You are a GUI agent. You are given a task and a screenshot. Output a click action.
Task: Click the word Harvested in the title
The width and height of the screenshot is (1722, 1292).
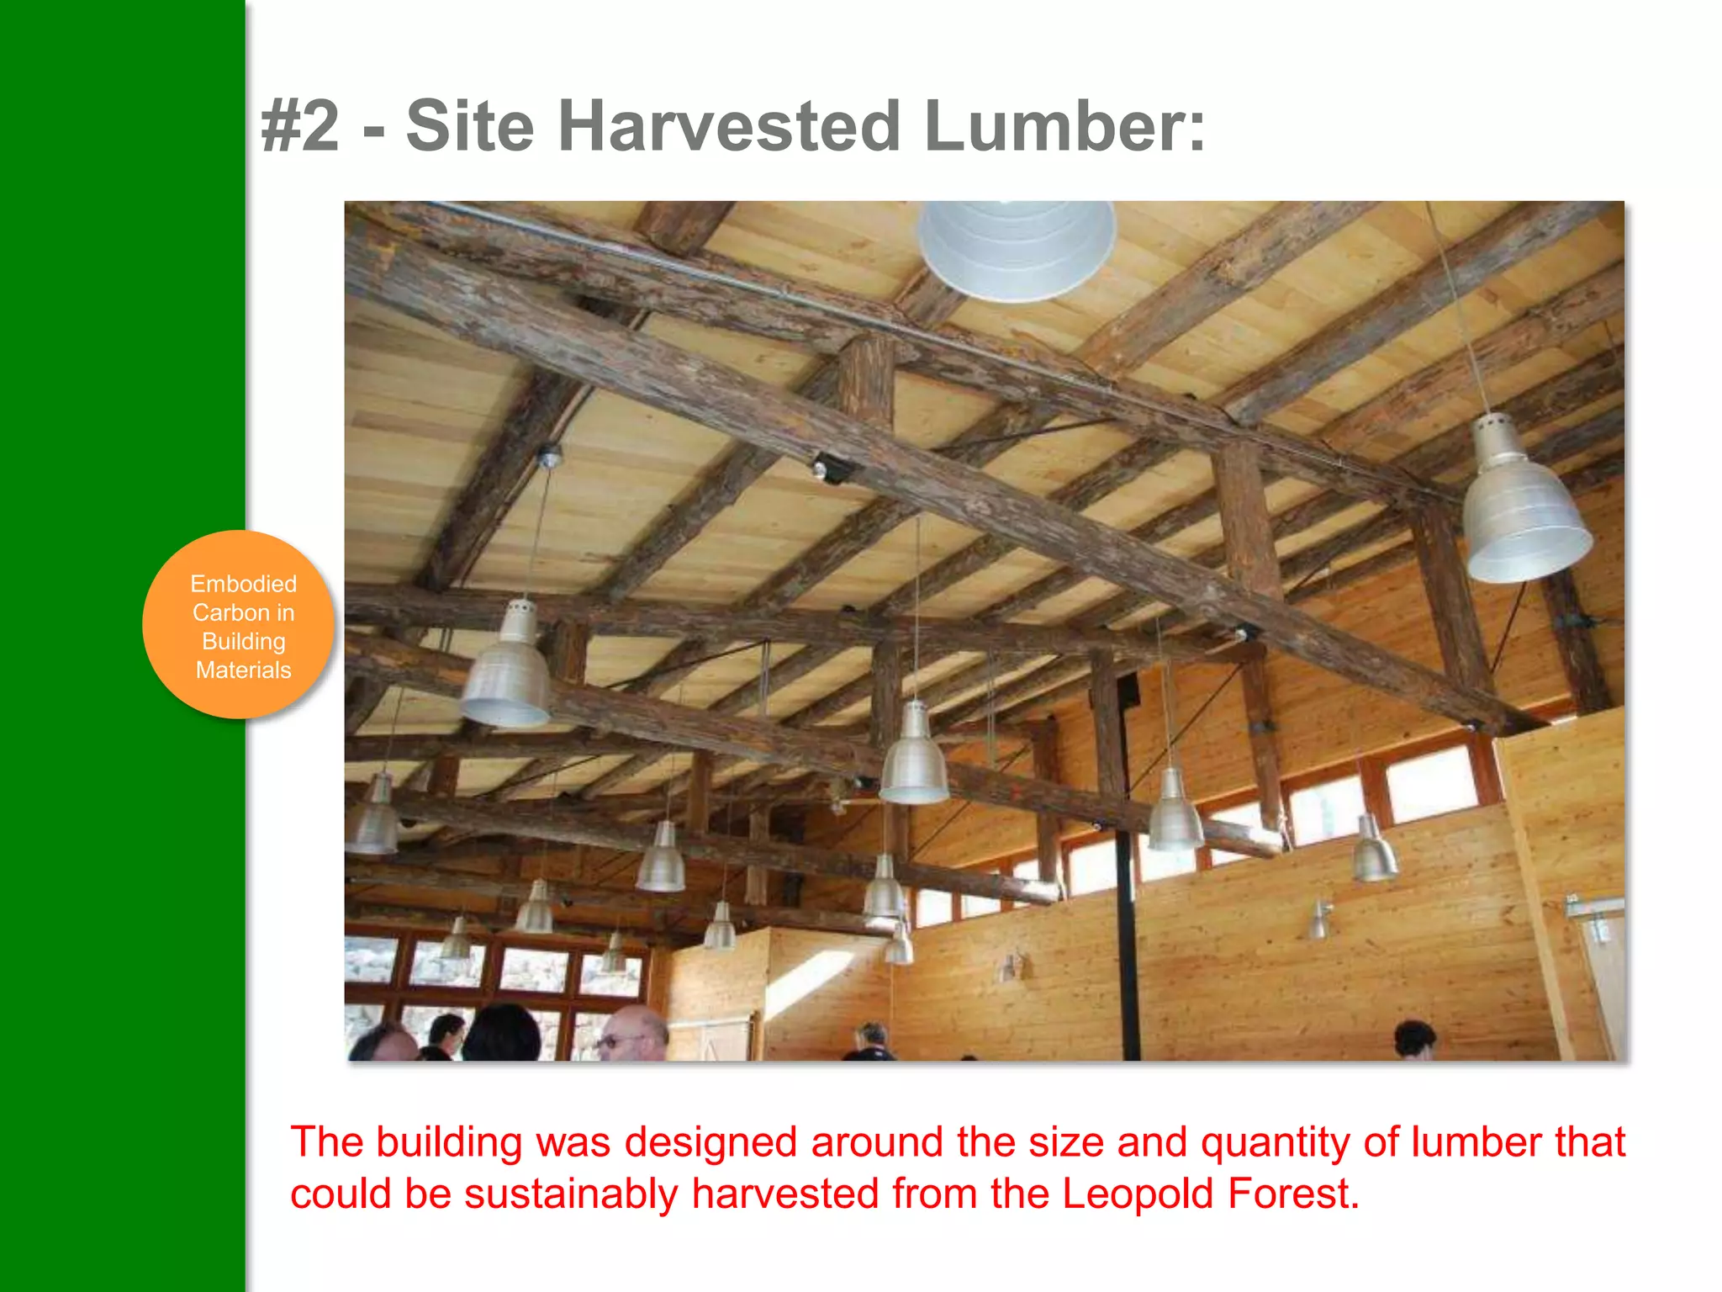tap(730, 126)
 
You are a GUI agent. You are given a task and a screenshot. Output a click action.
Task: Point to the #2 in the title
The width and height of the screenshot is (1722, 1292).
tap(300, 126)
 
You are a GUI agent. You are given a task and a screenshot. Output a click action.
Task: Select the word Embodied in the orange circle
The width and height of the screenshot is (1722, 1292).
tap(243, 584)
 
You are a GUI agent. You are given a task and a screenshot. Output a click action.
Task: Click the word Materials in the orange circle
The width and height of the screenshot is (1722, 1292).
tap(243, 670)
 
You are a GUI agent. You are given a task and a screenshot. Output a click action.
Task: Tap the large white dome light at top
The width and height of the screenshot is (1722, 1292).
tap(1016, 249)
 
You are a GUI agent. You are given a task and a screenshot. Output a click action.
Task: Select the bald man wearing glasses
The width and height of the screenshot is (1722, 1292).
tap(632, 1035)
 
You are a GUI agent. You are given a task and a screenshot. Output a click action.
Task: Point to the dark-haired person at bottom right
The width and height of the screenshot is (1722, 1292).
tap(1414, 1040)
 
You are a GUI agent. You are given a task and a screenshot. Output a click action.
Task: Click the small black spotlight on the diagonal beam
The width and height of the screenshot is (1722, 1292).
tap(828, 468)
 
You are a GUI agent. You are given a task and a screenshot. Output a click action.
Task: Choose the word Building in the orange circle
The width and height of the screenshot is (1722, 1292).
tap(243, 642)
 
